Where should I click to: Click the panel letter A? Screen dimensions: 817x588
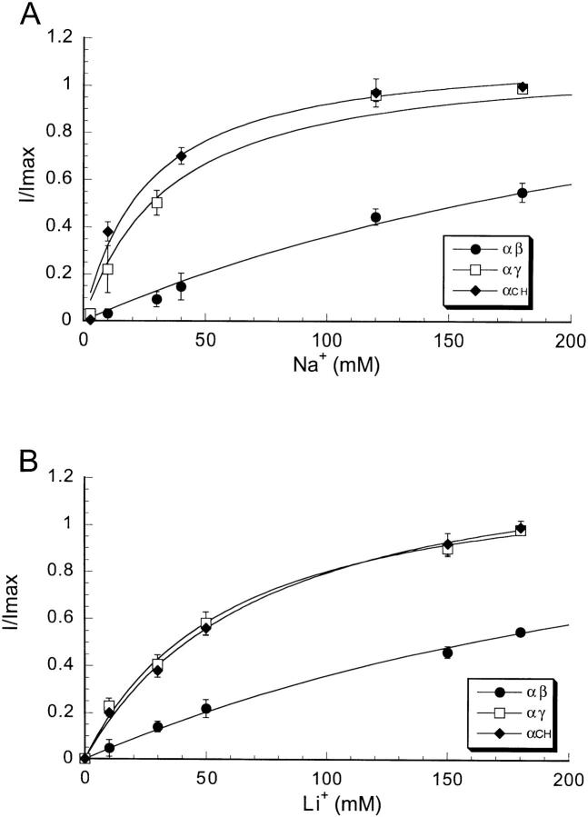point(20,15)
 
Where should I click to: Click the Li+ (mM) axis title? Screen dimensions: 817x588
point(325,803)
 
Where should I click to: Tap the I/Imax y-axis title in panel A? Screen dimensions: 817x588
point(21,181)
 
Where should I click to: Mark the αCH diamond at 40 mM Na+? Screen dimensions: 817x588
point(181,156)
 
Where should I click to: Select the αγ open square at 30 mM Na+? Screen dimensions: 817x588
point(156,203)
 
